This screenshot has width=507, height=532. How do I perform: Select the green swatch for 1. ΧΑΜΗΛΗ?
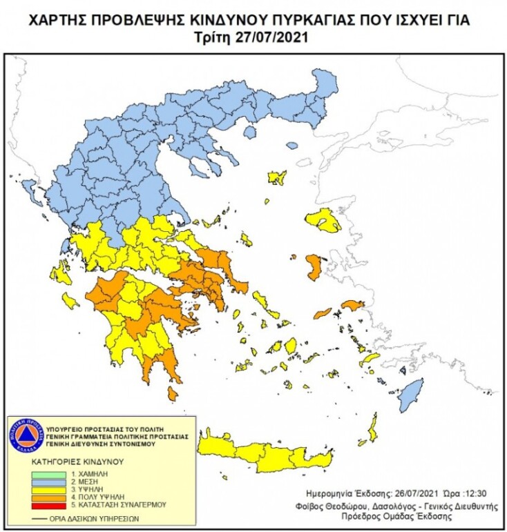(49, 475)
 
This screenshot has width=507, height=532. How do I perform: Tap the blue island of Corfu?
(29, 188)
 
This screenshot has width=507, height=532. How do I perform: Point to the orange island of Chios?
(313, 266)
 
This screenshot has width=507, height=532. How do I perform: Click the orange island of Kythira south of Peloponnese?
(172, 393)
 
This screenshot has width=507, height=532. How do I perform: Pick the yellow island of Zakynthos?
(70, 301)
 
